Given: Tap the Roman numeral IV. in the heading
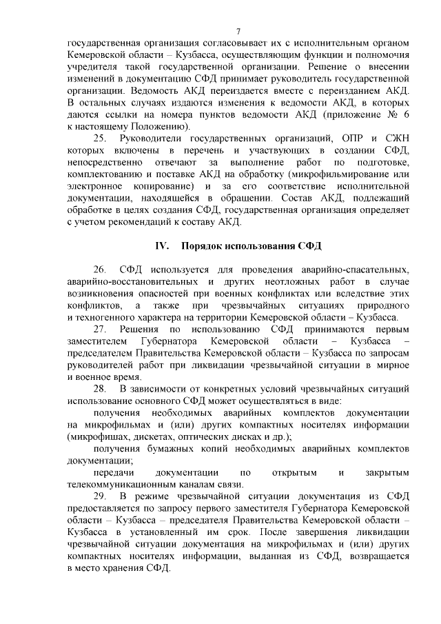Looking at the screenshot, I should (x=163, y=246).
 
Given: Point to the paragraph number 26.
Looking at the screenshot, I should (x=100, y=269).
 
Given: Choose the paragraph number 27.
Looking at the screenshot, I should (x=100, y=330).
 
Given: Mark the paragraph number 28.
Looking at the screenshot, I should (x=100, y=390).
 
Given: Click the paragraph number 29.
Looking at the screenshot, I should (x=100, y=498).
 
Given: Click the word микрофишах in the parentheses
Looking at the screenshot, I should (x=97, y=437).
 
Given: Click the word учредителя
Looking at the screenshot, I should (x=96, y=67).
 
